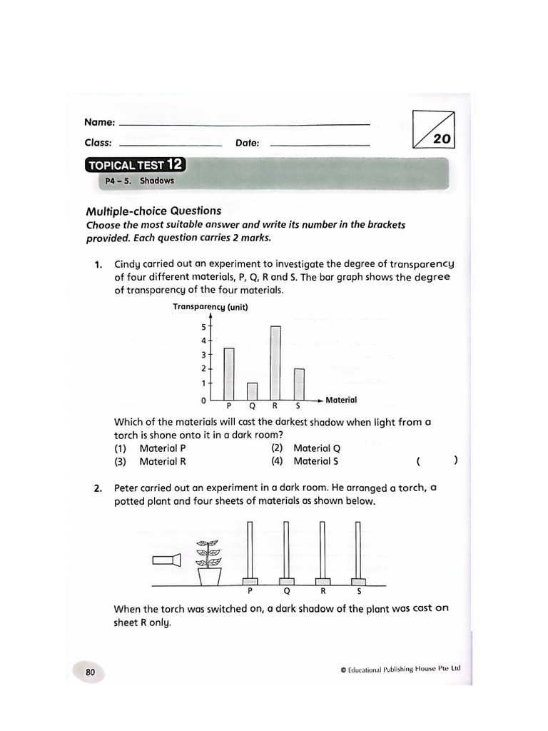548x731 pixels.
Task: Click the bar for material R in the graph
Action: (x=275, y=362)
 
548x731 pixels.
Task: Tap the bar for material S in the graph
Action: (x=299, y=383)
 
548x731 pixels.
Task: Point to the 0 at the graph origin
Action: (x=203, y=400)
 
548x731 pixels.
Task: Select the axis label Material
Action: (x=341, y=400)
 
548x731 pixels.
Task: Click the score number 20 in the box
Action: (x=442, y=139)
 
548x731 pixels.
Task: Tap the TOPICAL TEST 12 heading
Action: (x=135, y=166)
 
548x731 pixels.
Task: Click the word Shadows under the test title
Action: (x=157, y=181)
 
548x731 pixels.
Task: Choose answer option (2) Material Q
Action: (x=306, y=448)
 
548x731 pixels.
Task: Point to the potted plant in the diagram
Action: (x=209, y=562)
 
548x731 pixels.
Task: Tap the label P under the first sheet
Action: (x=250, y=592)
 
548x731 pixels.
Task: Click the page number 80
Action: (x=91, y=672)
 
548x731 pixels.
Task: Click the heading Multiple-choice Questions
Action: (x=153, y=211)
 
